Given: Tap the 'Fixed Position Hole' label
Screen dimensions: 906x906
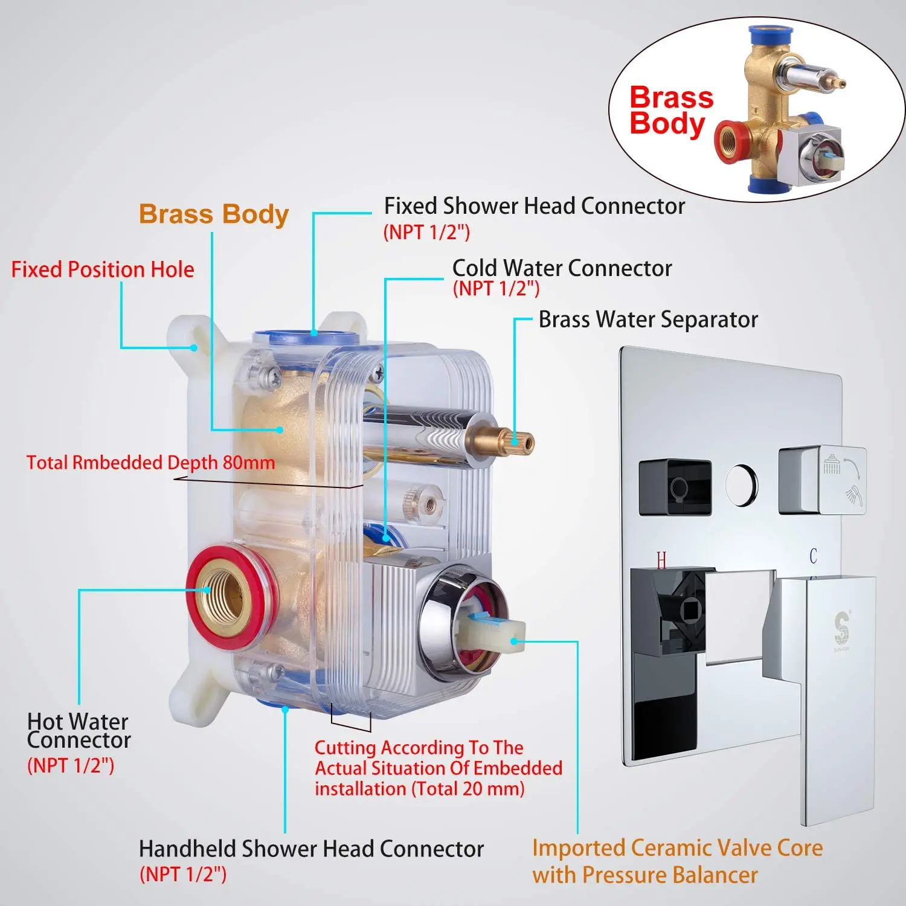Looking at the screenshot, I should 103,269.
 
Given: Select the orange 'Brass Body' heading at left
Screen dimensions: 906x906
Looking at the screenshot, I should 214,214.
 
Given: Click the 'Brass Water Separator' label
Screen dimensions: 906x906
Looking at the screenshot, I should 647,320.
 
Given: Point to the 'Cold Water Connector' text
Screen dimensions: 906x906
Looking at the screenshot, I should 562,268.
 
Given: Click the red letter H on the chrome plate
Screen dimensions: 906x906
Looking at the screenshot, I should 661,561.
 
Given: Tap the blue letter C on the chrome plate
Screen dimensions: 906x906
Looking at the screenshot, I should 813,556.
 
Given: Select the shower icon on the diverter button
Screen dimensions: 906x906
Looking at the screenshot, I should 832,466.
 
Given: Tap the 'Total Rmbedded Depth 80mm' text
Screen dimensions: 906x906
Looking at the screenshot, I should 150,463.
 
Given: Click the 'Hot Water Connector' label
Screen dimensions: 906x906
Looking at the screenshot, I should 79,731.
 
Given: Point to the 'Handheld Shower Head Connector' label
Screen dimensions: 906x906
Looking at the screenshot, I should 311,849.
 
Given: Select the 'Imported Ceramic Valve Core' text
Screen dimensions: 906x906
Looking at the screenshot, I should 677,848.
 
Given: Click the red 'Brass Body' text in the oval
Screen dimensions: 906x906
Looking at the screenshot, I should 670,110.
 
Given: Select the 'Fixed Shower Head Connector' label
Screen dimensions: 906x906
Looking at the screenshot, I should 535,207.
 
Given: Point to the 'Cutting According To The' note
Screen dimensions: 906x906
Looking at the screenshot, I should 419,748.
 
